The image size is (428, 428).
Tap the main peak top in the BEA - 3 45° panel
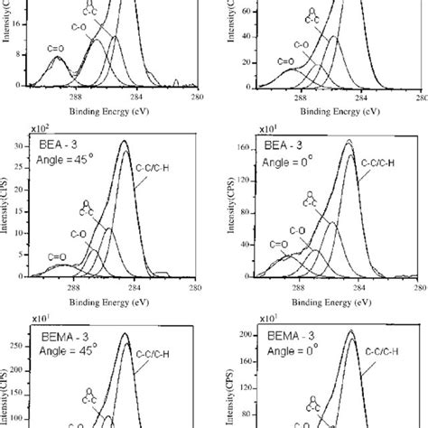click(125, 142)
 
